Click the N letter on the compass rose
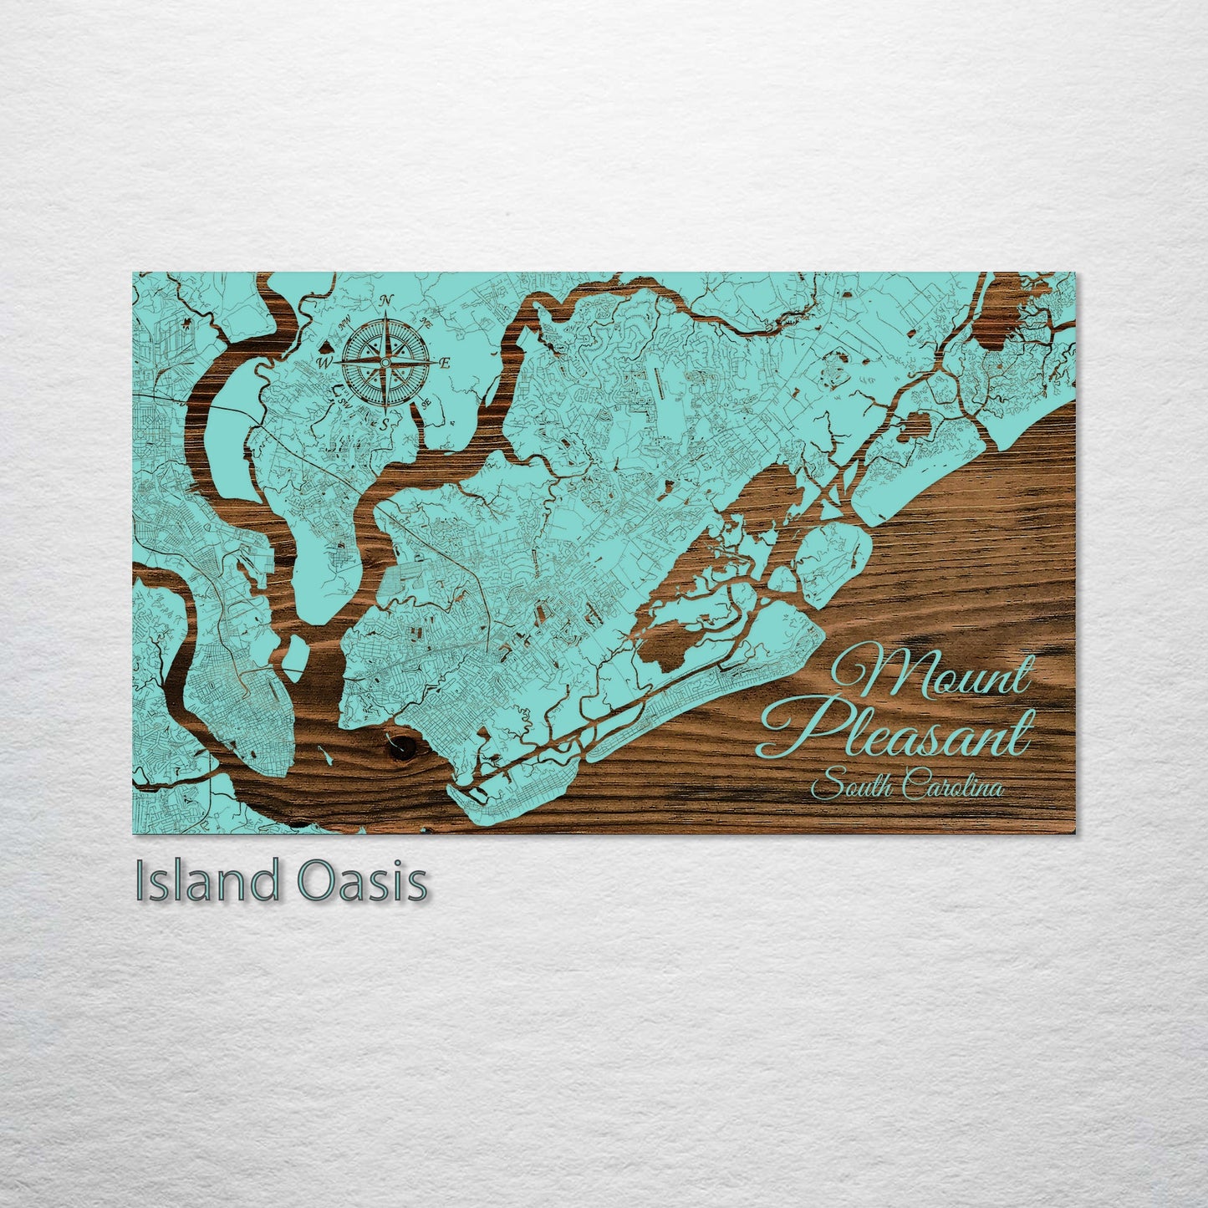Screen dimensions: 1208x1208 (386, 302)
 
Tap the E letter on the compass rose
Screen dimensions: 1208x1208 (446, 363)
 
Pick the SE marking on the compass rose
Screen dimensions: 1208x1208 (426, 403)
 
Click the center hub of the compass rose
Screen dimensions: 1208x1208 (385, 362)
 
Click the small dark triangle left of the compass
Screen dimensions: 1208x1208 (324, 344)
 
